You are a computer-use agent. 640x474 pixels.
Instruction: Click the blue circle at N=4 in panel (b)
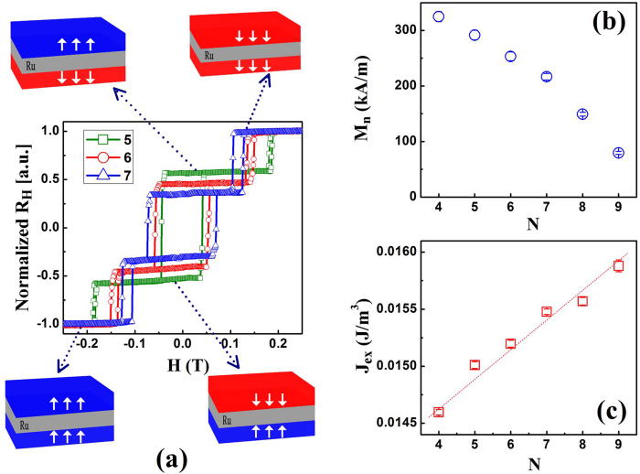tap(439, 16)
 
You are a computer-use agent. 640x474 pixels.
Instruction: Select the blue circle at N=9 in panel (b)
tap(618, 153)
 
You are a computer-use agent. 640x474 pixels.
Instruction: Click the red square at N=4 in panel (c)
tap(439, 412)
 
